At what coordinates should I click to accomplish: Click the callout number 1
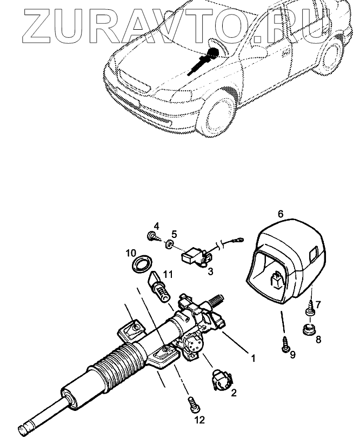tap(252, 357)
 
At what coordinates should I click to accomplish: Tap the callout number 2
tap(234, 393)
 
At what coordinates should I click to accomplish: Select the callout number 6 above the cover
tap(281, 214)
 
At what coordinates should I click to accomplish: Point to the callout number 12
tap(199, 420)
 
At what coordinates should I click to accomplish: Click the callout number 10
tap(131, 253)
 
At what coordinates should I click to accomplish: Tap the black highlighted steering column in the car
tap(202, 61)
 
